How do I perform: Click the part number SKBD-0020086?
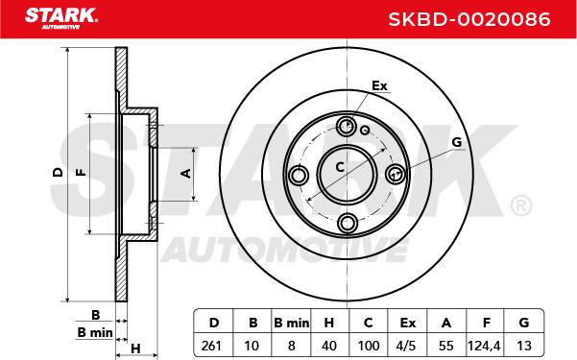pyautogui.click(x=469, y=19)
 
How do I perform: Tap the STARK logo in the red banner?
pyautogui.click(x=61, y=18)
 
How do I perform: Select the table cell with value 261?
pyautogui.click(x=211, y=346)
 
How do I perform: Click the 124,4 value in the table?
pyautogui.click(x=484, y=346)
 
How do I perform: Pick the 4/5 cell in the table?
pyautogui.click(x=407, y=346)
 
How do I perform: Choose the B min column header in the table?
pyautogui.click(x=292, y=323)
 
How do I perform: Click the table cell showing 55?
pyautogui.click(x=446, y=346)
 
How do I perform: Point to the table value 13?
pyautogui.click(x=523, y=346)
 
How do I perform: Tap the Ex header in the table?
pyautogui.click(x=408, y=323)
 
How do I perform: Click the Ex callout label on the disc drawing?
pyautogui.click(x=379, y=85)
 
